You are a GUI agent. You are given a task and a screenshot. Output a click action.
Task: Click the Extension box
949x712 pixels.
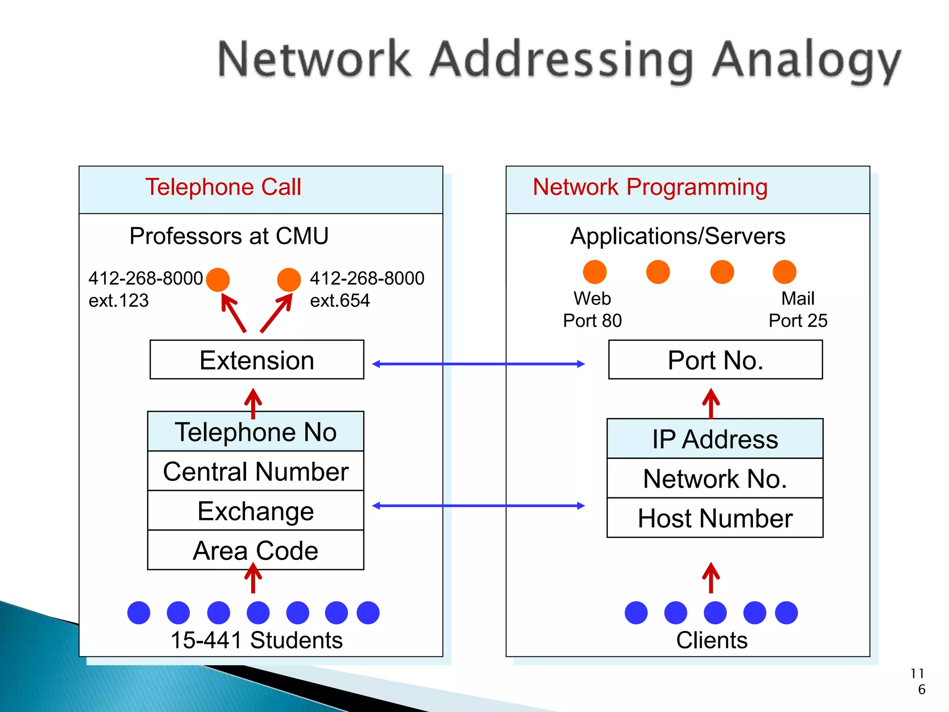tap(257, 360)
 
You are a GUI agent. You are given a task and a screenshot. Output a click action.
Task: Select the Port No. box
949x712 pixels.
tap(715, 360)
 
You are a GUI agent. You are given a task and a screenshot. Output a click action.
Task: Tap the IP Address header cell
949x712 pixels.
tap(715, 439)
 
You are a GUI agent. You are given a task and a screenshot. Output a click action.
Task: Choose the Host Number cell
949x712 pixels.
tap(715, 518)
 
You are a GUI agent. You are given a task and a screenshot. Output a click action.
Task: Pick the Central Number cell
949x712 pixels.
tap(256, 471)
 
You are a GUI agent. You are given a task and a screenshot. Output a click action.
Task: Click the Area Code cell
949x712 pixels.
tap(256, 550)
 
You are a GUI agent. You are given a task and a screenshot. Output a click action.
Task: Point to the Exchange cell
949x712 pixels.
tap(256, 510)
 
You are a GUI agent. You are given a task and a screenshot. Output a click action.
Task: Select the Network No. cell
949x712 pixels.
tap(715, 478)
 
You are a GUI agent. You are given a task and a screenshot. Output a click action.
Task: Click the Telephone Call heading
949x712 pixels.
tap(223, 187)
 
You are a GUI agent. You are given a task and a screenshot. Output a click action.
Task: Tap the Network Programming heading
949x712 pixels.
tap(650, 187)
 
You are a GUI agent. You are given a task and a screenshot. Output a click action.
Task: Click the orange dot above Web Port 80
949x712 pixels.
tap(595, 272)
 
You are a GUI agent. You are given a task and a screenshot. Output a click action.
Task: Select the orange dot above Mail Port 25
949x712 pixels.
tap(785, 272)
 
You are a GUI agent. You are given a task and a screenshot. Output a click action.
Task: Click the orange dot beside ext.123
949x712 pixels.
tap(218, 280)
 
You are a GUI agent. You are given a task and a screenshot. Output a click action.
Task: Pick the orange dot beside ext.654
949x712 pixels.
tap(289, 280)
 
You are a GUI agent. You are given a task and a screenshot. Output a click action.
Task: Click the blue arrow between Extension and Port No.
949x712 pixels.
tap(478, 364)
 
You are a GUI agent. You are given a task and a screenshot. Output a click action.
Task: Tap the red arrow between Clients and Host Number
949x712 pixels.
tap(711, 578)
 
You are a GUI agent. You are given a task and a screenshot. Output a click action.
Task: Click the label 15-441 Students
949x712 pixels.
tap(256, 640)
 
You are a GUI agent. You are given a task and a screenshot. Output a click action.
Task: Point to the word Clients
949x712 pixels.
tap(711, 640)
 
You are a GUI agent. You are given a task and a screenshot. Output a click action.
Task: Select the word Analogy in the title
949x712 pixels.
tap(806, 60)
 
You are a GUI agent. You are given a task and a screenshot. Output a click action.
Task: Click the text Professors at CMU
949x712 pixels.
tap(229, 236)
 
